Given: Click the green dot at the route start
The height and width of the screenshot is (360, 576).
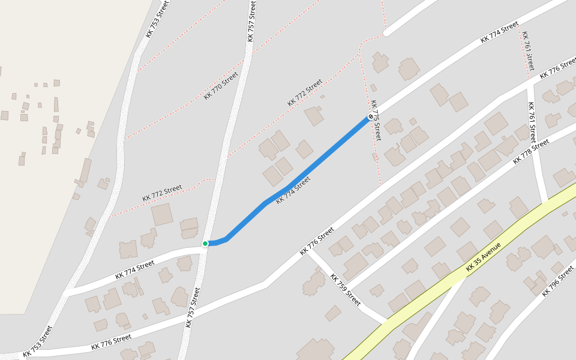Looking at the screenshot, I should click(x=205, y=243).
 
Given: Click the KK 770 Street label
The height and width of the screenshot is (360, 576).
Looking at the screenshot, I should click(x=221, y=85).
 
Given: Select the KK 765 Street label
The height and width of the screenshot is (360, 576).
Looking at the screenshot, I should click(x=376, y=120).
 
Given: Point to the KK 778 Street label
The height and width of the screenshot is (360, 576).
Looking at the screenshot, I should click(x=531, y=152).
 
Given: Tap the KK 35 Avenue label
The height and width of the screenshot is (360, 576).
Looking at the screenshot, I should click(x=482, y=256).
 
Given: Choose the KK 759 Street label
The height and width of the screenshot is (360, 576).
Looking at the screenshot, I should click(x=346, y=289).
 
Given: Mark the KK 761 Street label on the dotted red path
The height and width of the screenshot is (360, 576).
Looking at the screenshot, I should click(x=527, y=51).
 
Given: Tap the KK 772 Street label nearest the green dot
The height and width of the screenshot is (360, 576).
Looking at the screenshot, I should click(x=162, y=193).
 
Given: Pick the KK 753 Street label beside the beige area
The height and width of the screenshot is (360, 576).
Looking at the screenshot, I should click(x=158, y=19).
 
